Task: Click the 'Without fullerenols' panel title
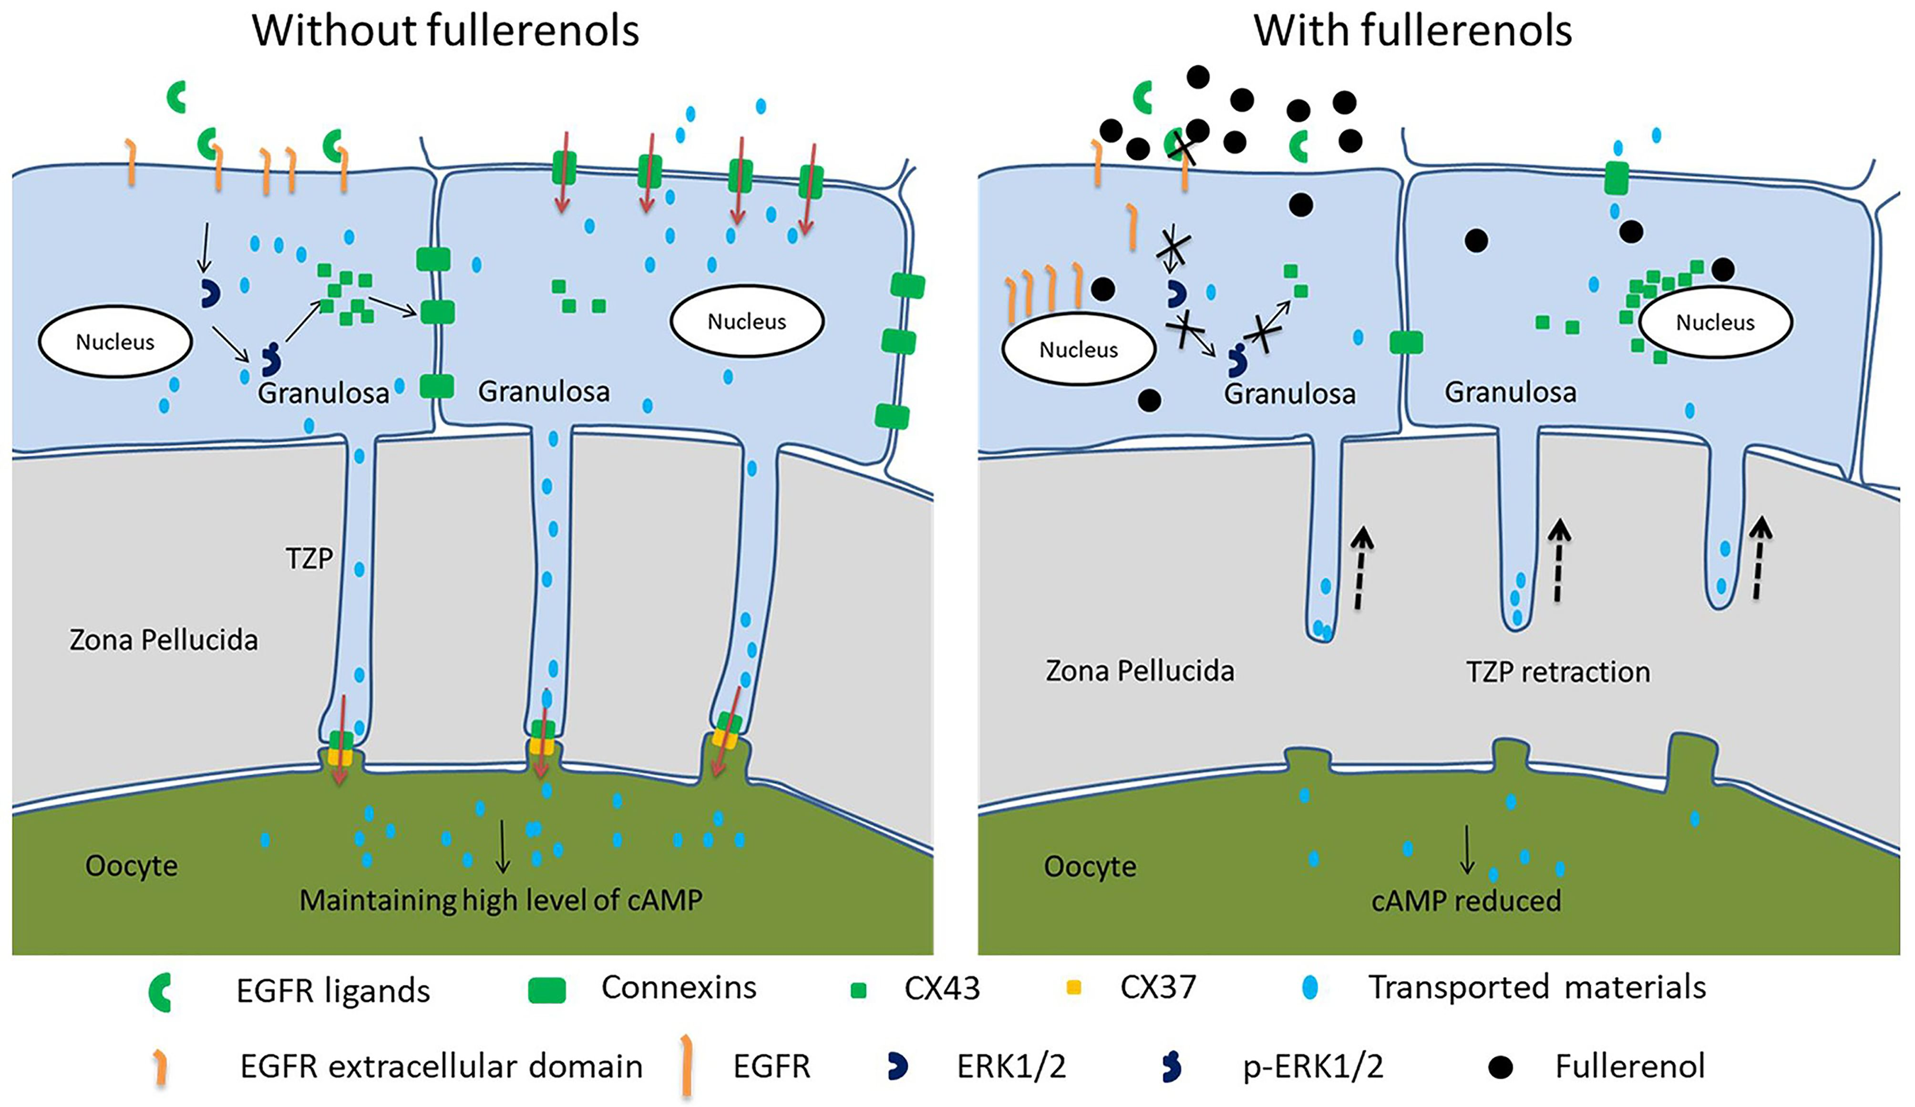pyautogui.click(x=445, y=32)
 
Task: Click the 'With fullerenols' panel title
pyautogui.click(x=1412, y=32)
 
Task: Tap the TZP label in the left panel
pyautogui.click(x=309, y=558)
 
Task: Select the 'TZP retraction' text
pyautogui.click(x=1558, y=672)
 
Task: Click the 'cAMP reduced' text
pyautogui.click(x=1466, y=901)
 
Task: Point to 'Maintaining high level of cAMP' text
pyautogui.click(x=501, y=901)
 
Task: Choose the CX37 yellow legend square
pyautogui.click(x=1074, y=988)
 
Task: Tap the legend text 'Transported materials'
pyautogui.click(x=1536, y=988)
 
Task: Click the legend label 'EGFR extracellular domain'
pyautogui.click(x=442, y=1067)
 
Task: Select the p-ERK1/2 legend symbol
pyautogui.click(x=1171, y=1067)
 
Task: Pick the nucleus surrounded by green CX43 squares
pyautogui.click(x=1715, y=323)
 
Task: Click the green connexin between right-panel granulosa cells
pyautogui.click(x=1405, y=343)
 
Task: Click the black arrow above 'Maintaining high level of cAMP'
pyautogui.click(x=502, y=845)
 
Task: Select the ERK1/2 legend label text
pyautogui.click(x=1011, y=1067)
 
